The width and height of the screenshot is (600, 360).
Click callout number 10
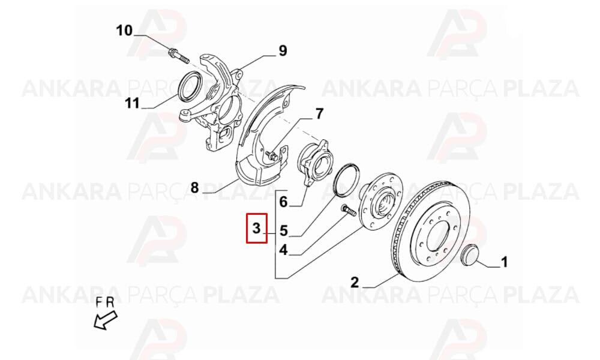point(124,31)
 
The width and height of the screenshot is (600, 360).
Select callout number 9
point(283,50)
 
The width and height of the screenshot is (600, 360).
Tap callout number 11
point(133,103)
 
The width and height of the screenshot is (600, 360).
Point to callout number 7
point(320,113)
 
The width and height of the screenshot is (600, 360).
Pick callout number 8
point(195,188)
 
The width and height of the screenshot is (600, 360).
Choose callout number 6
point(283,202)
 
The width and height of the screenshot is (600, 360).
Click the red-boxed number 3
point(256,229)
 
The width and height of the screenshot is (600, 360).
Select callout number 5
point(284,230)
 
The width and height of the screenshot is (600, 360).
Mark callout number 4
point(283,250)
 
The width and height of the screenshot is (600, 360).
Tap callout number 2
point(355,283)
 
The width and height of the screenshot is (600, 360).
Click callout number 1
point(505,262)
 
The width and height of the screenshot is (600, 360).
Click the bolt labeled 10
point(179,56)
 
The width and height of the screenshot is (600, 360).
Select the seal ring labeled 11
point(190,86)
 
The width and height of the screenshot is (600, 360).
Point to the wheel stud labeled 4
point(347,210)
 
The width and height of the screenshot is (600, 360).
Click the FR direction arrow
point(106,320)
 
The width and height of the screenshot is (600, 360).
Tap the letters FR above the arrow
point(105,303)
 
